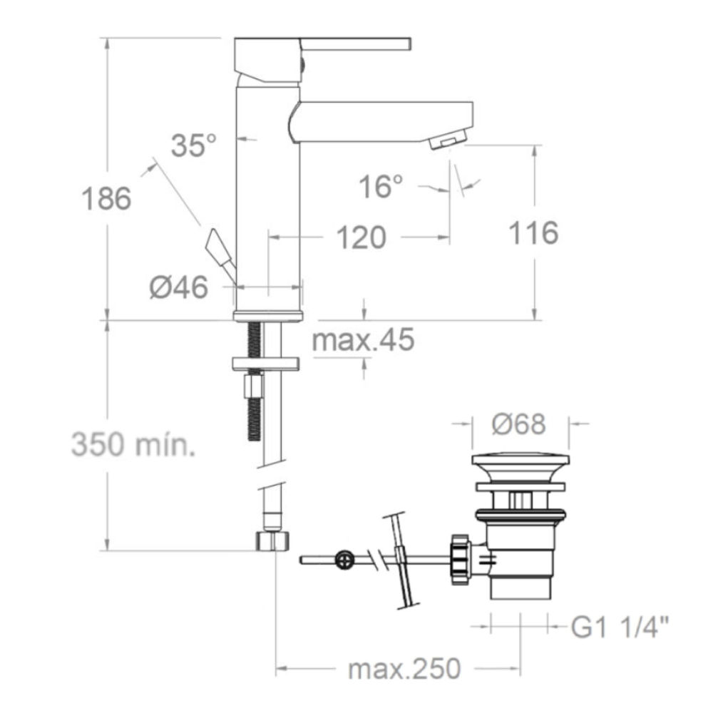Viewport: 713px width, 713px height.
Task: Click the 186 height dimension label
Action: pos(106,199)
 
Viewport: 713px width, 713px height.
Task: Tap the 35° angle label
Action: pos(194,145)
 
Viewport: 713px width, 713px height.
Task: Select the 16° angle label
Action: pos(381,186)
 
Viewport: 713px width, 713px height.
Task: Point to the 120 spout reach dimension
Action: pos(361,237)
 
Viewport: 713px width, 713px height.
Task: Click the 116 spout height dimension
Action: pos(533,233)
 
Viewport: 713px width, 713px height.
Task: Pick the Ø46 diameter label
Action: pos(179,287)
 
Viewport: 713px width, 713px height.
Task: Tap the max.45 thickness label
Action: pos(364,339)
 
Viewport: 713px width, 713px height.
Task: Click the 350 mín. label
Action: pos(133,443)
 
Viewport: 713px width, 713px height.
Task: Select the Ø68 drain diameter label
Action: pos(519,424)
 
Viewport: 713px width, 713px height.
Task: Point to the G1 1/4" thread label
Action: pos(620,627)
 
